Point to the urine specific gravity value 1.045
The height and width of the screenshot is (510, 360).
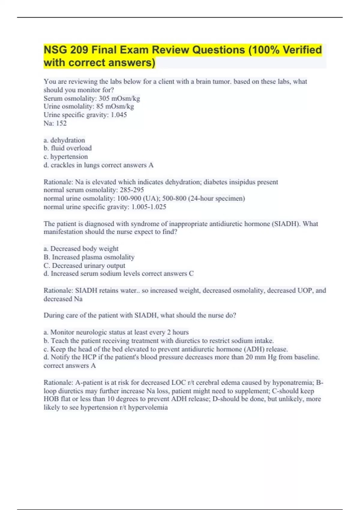point(119,115)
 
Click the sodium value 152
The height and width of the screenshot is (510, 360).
point(61,123)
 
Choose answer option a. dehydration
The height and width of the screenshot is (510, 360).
point(64,140)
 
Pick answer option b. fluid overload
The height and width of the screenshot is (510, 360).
point(67,148)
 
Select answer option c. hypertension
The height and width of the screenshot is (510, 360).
point(66,157)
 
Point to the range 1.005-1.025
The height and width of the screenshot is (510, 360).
point(149,207)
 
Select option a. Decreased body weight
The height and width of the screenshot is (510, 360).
point(81,249)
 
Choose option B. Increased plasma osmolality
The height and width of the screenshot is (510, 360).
point(89,257)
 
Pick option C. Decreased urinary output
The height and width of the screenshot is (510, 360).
point(84,265)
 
